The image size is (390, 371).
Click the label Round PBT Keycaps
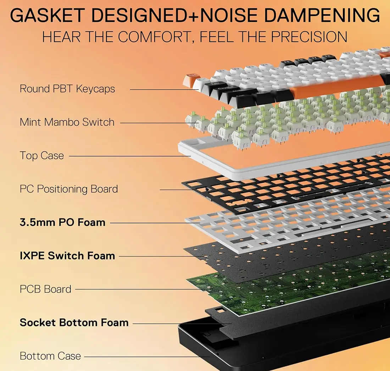click(x=67, y=89)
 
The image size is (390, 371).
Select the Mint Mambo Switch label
click(x=67, y=122)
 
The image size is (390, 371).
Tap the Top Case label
click(x=42, y=156)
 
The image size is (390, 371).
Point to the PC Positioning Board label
click(x=69, y=189)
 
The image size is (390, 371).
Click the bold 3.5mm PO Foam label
click(x=62, y=222)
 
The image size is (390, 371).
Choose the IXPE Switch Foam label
click(x=67, y=256)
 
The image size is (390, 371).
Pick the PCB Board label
click(x=45, y=289)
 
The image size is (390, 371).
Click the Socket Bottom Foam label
click(x=74, y=323)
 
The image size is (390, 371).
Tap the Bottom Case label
click(x=50, y=356)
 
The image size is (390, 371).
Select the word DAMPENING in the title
click(x=322, y=15)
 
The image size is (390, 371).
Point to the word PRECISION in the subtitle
click(x=309, y=37)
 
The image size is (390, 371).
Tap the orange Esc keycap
click(x=190, y=80)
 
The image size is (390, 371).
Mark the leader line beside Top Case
click(x=130, y=156)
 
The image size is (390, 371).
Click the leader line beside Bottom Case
click(x=147, y=357)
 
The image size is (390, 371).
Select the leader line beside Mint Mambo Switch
click(x=160, y=123)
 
